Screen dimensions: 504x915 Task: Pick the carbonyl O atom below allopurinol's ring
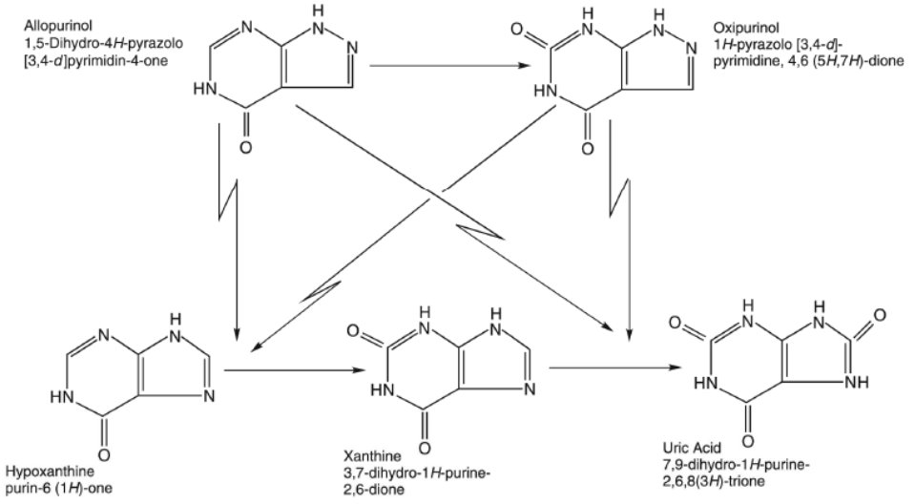pyautogui.click(x=245, y=149)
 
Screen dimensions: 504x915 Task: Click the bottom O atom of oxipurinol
pyautogui.click(x=587, y=149)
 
